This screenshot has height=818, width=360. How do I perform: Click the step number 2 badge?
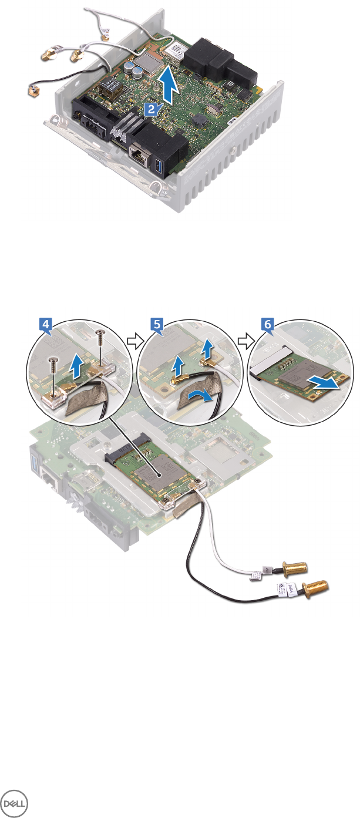(150, 109)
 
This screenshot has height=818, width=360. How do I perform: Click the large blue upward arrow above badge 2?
(170, 83)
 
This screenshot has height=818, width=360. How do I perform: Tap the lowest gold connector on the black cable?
(316, 587)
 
